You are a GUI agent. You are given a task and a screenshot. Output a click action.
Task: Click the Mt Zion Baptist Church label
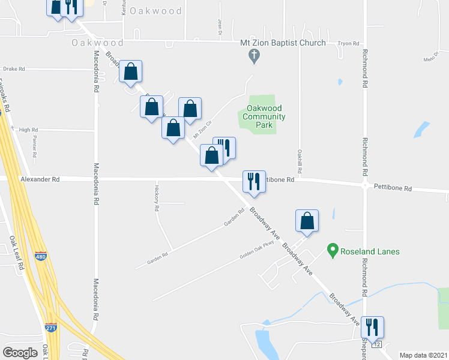(x=283, y=43)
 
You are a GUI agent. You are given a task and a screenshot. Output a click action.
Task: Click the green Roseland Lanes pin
(x=331, y=249)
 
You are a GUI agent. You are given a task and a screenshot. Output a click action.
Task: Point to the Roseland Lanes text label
(x=371, y=251)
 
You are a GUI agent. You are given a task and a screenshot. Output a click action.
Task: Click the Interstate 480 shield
(x=41, y=256)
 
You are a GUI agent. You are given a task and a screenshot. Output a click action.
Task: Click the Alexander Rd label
(x=40, y=179)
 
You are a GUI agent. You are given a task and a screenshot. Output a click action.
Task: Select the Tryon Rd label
(x=348, y=44)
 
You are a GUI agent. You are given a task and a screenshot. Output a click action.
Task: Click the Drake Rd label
(x=13, y=69)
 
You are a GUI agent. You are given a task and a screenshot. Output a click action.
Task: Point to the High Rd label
(x=28, y=130)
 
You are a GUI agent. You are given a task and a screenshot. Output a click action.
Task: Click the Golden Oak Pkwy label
(x=256, y=248)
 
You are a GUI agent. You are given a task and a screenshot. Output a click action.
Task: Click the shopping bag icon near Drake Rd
(x=130, y=71)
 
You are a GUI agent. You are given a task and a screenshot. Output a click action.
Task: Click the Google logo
(x=20, y=352)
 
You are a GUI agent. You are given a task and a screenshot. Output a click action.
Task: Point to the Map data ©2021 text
(x=423, y=355)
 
